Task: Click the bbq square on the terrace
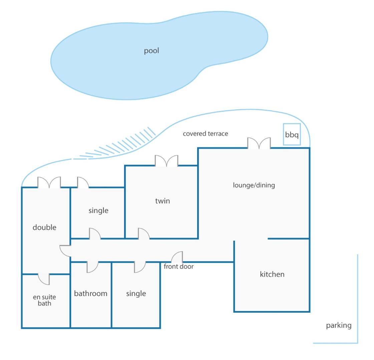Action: (292, 134)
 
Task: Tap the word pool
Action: (151, 51)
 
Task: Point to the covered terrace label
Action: (206, 134)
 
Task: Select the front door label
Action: (178, 266)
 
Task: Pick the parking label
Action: (339, 325)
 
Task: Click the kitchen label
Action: (272, 274)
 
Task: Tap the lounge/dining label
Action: (254, 185)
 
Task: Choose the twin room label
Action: (162, 201)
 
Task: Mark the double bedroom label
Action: (44, 227)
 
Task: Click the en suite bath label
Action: (44, 300)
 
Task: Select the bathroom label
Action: (91, 294)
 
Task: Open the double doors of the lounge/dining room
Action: (259, 143)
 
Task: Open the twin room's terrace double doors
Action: (166, 161)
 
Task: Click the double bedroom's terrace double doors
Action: (49, 183)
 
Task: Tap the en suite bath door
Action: (44, 279)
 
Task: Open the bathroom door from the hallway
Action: (92, 267)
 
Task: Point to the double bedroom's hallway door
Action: (65, 251)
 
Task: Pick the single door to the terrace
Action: (83, 183)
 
